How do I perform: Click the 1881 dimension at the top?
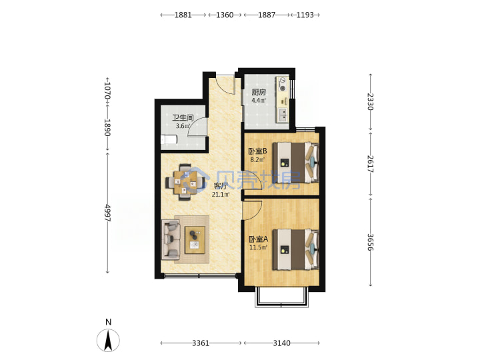[x=183, y=15]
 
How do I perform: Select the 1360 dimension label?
[x=225, y=15]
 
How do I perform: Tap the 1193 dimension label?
[x=305, y=15]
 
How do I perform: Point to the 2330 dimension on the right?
[x=371, y=101]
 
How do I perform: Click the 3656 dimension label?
[x=371, y=242]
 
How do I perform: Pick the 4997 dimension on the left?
[x=107, y=213]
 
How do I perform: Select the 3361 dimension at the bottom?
[x=201, y=343]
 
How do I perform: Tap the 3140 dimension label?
[x=281, y=343]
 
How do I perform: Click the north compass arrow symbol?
[x=108, y=340]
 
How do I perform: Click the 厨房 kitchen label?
[x=259, y=92]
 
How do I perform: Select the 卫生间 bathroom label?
[x=183, y=118]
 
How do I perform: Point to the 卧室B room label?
[x=258, y=151]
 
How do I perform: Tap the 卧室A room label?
[x=259, y=239]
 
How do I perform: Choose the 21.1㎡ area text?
[x=221, y=195]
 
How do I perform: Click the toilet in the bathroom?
[x=169, y=139]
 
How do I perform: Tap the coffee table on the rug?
[x=195, y=240]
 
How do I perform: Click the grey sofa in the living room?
[x=171, y=240]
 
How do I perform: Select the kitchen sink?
[x=283, y=115]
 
